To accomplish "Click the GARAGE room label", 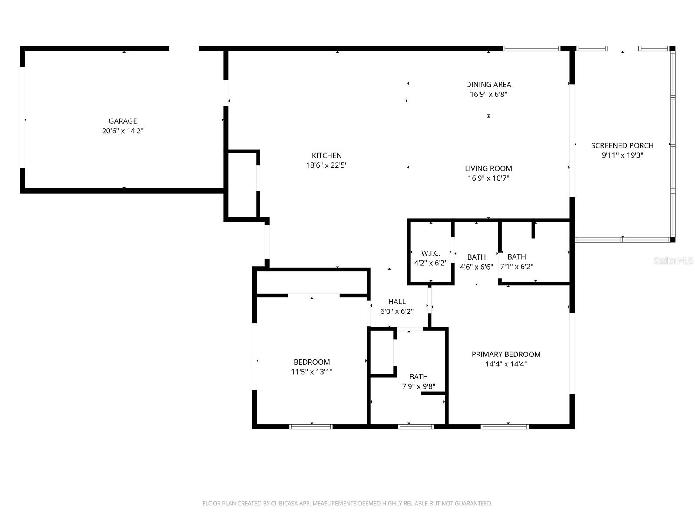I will pos(122,121).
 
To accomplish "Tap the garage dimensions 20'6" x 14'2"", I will pos(122,131).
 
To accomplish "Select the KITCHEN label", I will pos(327,155).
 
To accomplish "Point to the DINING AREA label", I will pos(488,85).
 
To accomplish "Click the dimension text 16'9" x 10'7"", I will pos(488,178).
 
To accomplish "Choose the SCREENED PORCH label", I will pos(622,145).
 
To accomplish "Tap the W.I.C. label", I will pos(430,253).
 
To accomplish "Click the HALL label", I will pos(397,302).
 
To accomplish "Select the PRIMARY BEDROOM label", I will pos(506,354).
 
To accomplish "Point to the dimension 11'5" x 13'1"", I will pos(311,372).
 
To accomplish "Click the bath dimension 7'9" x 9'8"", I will pos(418,386).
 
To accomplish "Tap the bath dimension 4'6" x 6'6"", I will pos(476,267).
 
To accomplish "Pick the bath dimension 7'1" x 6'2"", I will pos(516,267).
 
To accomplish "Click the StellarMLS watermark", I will pos(673,261).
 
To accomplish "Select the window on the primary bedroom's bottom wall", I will pos(505,427).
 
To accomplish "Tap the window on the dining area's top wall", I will pos(531,49).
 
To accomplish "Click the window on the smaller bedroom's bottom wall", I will pos(311,427).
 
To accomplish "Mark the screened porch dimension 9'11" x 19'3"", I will pos(622,155).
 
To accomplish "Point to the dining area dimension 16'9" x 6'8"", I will pos(488,94).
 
